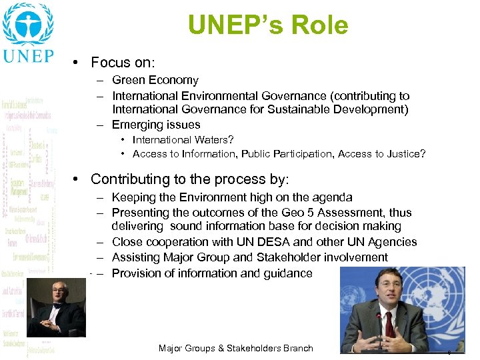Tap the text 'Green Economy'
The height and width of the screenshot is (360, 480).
pyautogui.click(x=155, y=80)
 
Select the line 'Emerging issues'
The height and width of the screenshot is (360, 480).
pyautogui.click(x=156, y=125)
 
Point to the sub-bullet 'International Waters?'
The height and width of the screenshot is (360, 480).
pyautogui.click(x=183, y=140)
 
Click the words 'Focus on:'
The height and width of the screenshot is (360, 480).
pyautogui.click(x=123, y=63)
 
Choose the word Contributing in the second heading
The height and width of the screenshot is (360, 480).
pyautogui.click(x=131, y=179)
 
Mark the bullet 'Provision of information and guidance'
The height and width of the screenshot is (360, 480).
pyautogui.click(x=212, y=273)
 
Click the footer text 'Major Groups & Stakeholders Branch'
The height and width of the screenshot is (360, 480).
pyautogui.click(x=235, y=349)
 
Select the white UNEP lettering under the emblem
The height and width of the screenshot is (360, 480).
pyautogui.click(x=27, y=55)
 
